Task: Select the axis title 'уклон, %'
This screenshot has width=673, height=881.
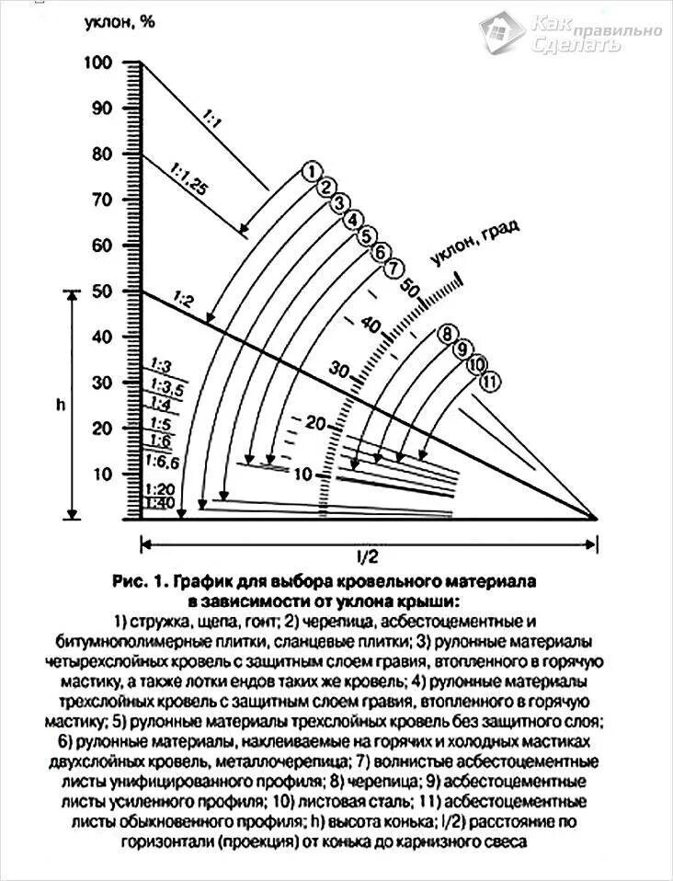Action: coord(120,22)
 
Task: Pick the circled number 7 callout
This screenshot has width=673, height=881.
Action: coord(394,269)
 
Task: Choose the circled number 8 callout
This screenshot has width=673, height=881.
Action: coord(448,333)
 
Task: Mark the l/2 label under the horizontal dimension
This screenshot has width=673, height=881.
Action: coord(367,555)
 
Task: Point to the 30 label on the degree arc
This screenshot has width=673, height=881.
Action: coord(338,371)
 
